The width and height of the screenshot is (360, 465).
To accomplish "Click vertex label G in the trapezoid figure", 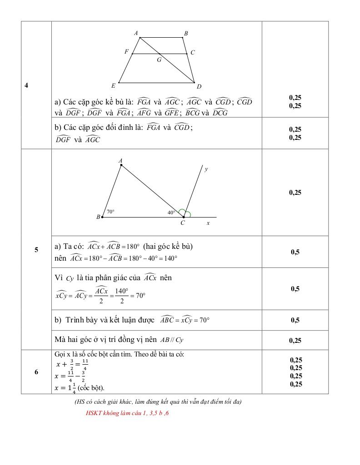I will coord(159,59).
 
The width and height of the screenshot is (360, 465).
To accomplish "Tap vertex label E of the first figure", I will coord(113,85).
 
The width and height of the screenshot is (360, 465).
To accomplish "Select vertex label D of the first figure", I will coord(199,86).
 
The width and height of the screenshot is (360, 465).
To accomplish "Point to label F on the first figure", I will coord(126,52).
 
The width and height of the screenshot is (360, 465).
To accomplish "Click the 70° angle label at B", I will coord(110,212).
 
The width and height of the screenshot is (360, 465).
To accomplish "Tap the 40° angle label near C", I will coord(171,212).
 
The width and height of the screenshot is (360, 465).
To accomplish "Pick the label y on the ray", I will coord(206,169).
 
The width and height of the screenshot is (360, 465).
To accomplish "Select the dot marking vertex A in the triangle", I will coord(121,165).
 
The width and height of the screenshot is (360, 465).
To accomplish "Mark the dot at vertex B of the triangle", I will coord(102,217).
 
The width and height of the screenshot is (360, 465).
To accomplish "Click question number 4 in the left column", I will coord(26,85).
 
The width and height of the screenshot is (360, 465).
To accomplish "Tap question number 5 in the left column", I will coord(36,249).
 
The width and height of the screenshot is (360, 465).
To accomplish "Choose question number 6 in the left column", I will coord(36,372).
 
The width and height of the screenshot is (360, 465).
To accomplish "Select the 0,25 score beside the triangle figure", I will coord(295,193).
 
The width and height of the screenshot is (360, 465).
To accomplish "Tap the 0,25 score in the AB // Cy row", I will coord(295,341).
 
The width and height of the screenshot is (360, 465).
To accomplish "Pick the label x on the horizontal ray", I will coord(208,223).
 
